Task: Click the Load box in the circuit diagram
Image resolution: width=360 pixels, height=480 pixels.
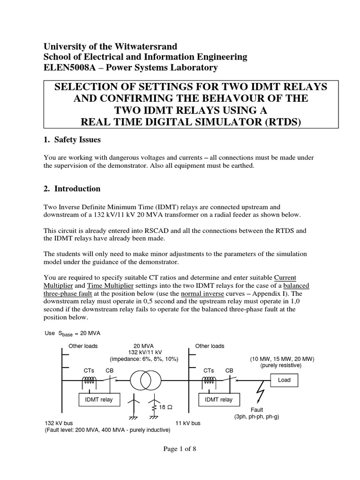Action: coord(284,380)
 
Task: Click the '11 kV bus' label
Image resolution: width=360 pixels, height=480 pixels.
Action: coord(188,423)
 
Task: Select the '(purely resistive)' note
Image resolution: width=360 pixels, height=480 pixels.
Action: coord(281,365)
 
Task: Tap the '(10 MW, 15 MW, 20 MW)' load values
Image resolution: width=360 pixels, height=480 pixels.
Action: coord(281,359)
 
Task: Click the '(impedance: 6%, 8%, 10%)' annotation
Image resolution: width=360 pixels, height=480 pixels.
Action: coord(144,359)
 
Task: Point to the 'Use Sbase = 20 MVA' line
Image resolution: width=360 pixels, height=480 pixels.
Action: coord(72,333)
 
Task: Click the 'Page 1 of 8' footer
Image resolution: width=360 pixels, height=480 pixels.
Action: coord(180,449)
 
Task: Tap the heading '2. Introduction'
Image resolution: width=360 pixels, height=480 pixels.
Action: coord(72,189)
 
